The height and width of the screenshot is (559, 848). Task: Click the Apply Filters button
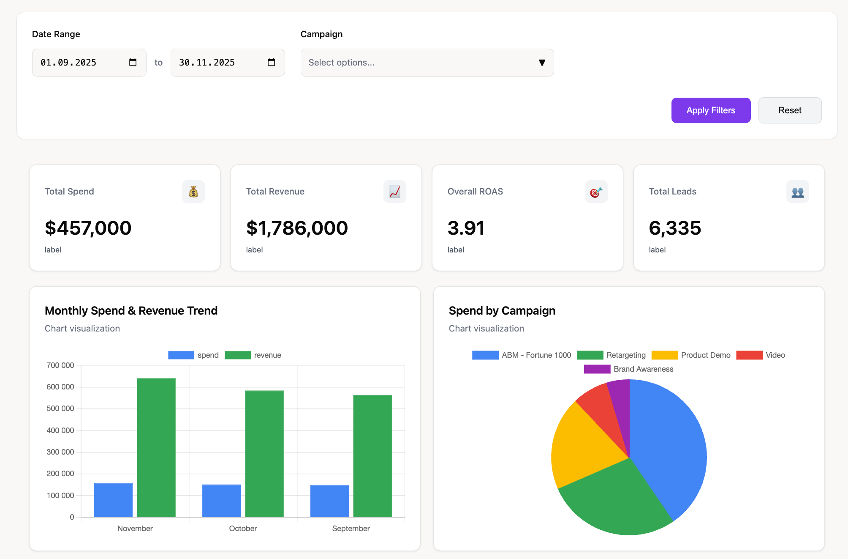tap(711, 110)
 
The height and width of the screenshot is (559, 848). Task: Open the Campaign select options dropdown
tap(427, 63)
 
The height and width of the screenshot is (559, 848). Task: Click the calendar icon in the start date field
tap(133, 63)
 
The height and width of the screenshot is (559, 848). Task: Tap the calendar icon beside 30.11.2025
tap(271, 63)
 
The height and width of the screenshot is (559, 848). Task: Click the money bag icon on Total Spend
tap(193, 192)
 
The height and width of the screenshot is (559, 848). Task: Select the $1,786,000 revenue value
tap(297, 228)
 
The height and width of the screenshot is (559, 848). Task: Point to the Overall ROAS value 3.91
tap(466, 228)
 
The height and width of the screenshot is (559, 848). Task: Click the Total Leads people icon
tap(797, 192)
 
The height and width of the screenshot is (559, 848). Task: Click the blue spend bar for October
tap(221, 501)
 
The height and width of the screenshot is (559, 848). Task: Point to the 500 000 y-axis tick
tap(60, 408)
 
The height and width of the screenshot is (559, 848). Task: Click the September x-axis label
tap(351, 529)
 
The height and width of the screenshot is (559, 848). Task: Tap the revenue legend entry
tap(253, 355)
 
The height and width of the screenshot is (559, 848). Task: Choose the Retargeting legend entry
tap(611, 355)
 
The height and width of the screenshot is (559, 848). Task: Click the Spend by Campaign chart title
tap(502, 311)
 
